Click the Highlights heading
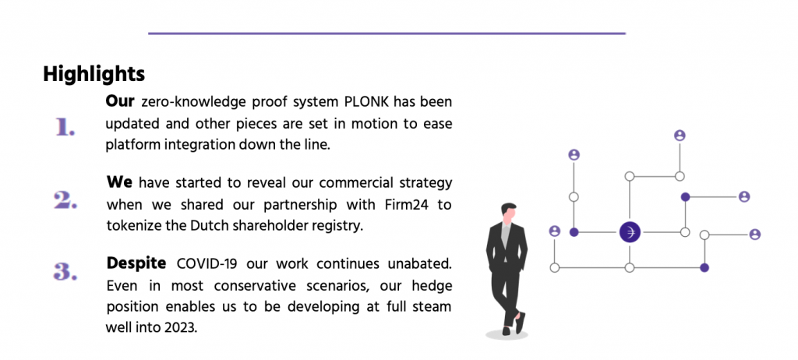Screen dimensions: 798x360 94,74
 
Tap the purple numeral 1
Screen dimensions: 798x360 65,127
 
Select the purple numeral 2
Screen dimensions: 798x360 65,200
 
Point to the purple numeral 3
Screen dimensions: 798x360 65,271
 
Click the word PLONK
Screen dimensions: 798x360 362,101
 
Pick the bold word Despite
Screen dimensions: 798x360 136,263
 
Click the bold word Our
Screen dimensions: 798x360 119,101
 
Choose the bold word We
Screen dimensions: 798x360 119,182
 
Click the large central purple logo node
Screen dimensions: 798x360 630,232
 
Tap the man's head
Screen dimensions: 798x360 508,211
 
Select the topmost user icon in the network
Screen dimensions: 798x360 680,136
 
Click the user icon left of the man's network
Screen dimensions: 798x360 555,231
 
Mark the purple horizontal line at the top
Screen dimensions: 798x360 387,34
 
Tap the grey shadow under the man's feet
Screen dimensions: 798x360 507,334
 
